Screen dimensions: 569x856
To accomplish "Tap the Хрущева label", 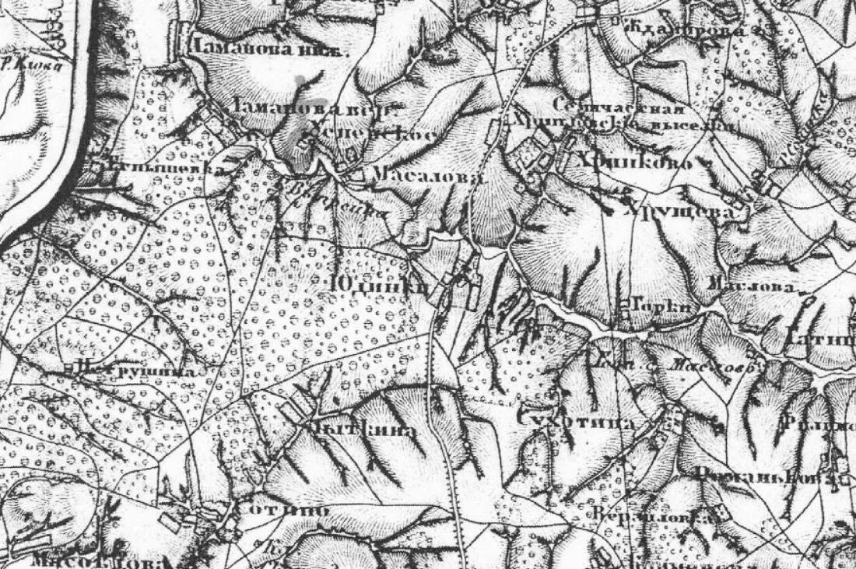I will click(x=678, y=210).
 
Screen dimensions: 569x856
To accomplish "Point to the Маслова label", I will click(x=754, y=286).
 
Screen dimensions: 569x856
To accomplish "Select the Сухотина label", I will click(x=577, y=421).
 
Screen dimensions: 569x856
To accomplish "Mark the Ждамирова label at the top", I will click(x=686, y=30).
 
